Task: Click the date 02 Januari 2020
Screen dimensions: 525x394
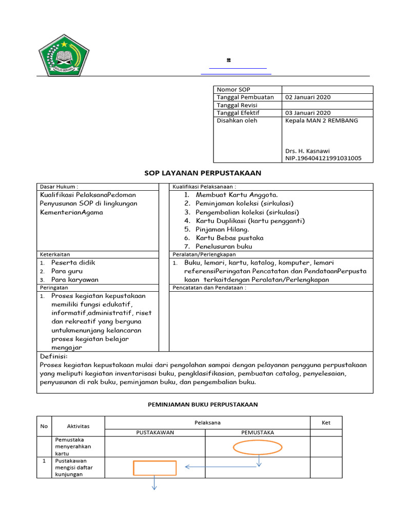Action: pos(308,97)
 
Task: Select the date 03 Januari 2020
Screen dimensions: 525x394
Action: pos(308,113)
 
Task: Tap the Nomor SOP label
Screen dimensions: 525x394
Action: pos(233,89)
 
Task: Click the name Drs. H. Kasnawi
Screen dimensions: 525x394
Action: pos(307,151)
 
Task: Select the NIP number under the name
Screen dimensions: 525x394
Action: pos(323,158)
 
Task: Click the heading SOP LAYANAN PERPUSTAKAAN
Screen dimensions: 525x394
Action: pos(203,173)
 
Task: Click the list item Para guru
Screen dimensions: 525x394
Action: pos(67,271)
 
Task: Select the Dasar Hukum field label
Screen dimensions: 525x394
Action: pos(59,187)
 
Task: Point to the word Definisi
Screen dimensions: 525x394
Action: pos(54,356)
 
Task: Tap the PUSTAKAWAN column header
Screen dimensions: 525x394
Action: pos(155,432)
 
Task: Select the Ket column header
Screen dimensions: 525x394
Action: pos(326,423)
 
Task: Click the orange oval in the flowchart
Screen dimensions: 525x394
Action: pos(258,448)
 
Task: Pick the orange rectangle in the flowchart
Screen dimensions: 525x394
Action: pos(155,468)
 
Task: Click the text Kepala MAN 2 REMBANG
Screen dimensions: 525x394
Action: pos(322,120)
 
